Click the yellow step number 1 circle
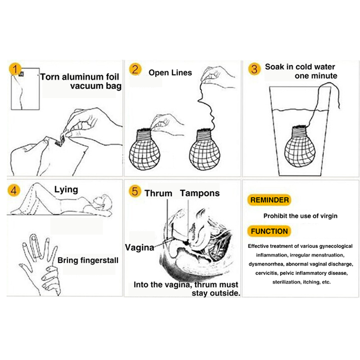[15, 69]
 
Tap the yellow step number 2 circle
[135, 69]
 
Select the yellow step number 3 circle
[254, 69]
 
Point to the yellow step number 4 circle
[14, 190]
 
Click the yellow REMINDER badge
[269, 200]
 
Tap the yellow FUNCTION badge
[269, 231]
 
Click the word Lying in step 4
[66, 189]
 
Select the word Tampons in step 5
[200, 193]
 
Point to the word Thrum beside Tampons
[158, 193]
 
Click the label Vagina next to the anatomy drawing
[139, 247]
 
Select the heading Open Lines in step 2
[170, 72]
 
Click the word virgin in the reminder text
[329, 216]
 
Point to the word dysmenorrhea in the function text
[266, 264]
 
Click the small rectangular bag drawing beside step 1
[25, 89]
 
